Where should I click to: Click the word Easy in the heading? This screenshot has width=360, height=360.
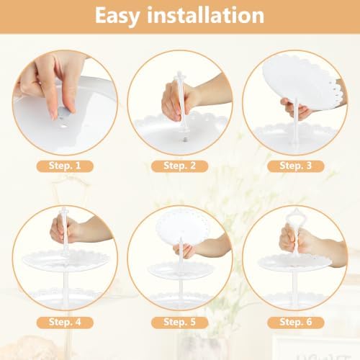click(117, 17)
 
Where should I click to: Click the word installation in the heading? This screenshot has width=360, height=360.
click(206, 15)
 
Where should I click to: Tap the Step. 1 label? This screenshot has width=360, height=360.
click(65, 166)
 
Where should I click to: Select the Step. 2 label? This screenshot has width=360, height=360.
click(179, 166)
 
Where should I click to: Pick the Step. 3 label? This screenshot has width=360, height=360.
click(296, 166)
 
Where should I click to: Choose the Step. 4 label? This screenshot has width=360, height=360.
click(65, 323)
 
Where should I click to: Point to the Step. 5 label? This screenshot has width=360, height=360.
click(179, 323)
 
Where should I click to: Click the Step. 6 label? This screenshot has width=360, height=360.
click(296, 323)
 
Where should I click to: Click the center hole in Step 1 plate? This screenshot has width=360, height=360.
click(64, 126)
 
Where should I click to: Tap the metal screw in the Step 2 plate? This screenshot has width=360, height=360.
click(185, 139)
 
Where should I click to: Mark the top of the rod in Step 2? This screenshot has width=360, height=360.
click(180, 73)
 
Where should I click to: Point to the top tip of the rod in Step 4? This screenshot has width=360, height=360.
click(64, 208)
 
